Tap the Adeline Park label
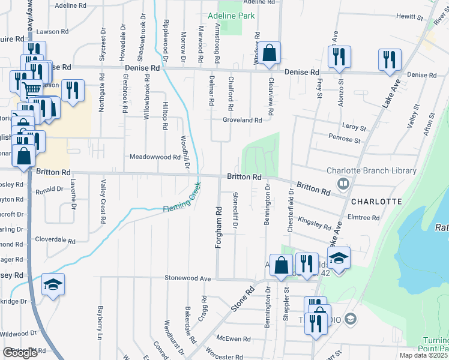tap(231, 16)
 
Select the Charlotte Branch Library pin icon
tap(343, 184)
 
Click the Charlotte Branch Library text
tap(372, 170)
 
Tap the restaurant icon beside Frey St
tap(339, 58)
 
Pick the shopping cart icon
tap(31, 90)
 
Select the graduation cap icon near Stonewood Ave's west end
tap(53, 284)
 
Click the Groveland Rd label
tap(243, 120)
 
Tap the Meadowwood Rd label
tap(155, 157)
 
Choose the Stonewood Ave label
tap(188, 278)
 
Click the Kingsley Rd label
tap(314, 223)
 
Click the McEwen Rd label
tap(234, 339)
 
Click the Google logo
tap(20, 353)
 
